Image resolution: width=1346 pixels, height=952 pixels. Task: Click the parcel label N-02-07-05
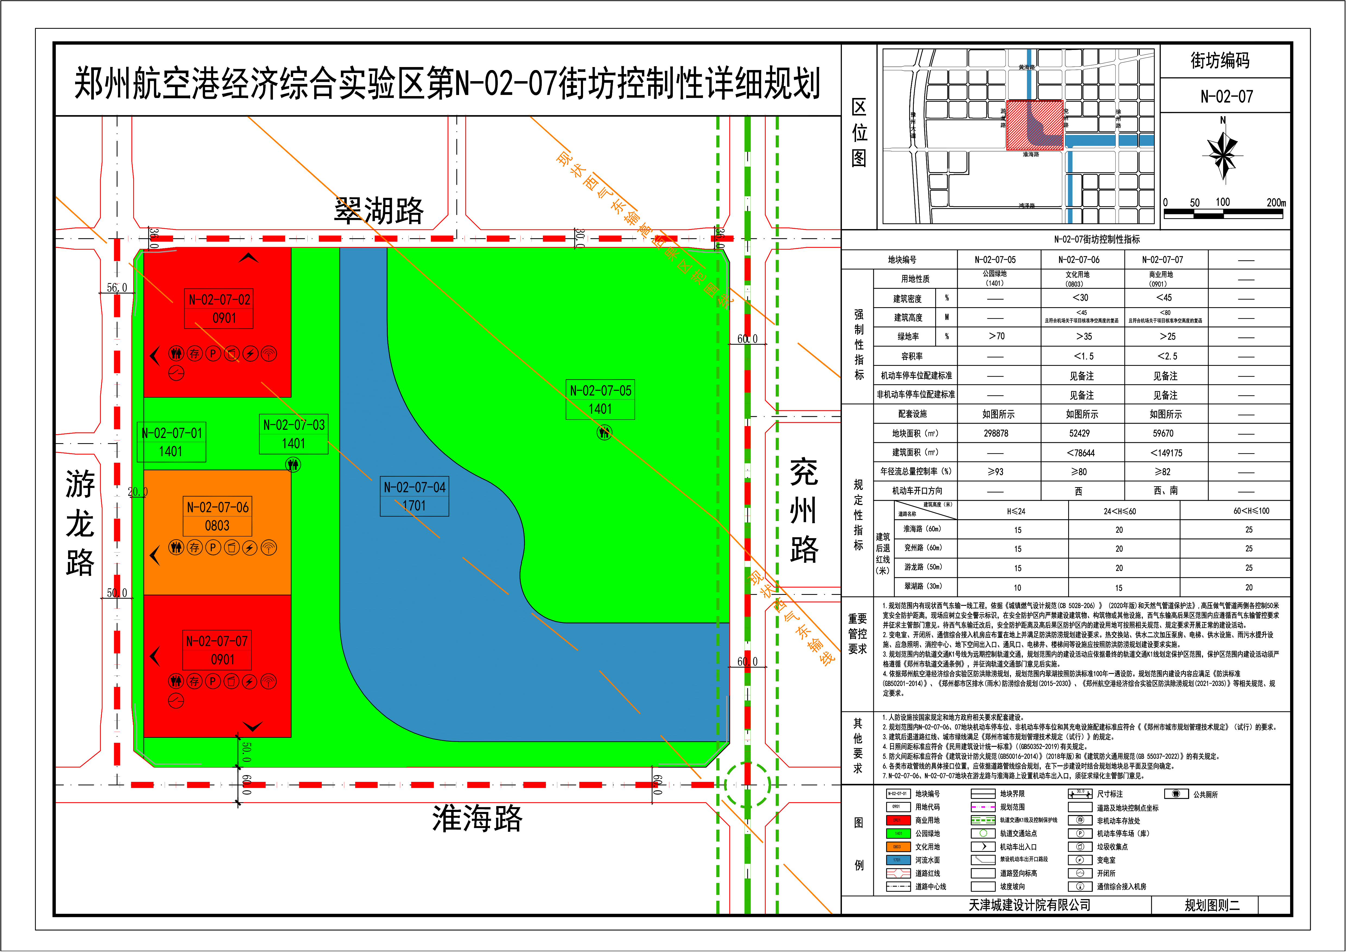coord(600,391)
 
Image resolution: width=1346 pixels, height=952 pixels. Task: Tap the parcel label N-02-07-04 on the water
coord(415,487)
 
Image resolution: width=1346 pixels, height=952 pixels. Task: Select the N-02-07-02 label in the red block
coord(219,300)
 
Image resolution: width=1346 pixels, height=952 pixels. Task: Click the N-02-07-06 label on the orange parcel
coord(218,507)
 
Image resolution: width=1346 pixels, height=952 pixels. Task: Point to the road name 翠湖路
coord(379,210)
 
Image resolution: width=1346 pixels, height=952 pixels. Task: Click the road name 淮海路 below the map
coord(477,818)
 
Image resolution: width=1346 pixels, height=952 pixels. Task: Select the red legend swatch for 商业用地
coord(898,820)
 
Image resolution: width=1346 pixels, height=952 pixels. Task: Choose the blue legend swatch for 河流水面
coord(898,860)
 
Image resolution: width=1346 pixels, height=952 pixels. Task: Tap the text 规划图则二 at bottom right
coord(1212,905)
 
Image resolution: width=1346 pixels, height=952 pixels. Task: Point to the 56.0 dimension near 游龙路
coord(117,288)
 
